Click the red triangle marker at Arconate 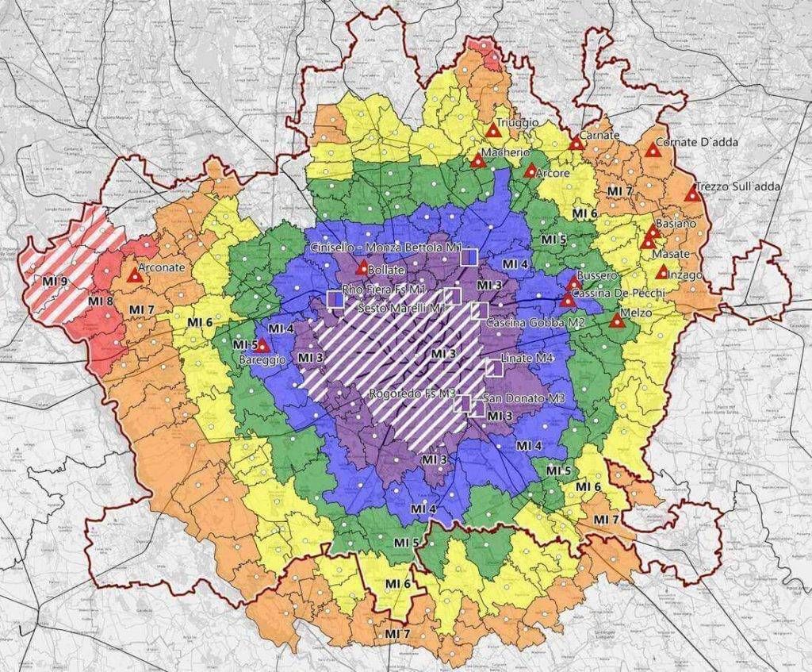[136, 277]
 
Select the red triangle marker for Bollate [362, 267]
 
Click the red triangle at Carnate [576, 144]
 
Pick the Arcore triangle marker [530, 171]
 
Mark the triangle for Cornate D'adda [653, 149]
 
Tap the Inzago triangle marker [662, 272]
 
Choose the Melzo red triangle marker [615, 321]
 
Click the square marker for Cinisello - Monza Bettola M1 [469, 256]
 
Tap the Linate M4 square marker [494, 366]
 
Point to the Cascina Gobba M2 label [525, 324]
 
